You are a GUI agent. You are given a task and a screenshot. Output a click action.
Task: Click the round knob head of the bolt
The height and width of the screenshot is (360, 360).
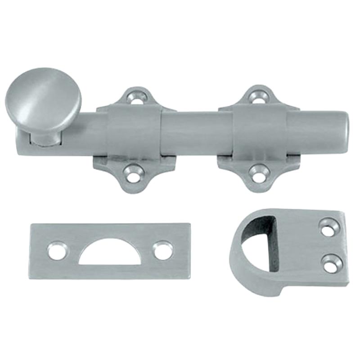[43, 100]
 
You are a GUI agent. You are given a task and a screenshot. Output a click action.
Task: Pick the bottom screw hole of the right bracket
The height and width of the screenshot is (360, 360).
[257, 175]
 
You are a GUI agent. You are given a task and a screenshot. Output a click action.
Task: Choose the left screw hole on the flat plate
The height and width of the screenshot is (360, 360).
[57, 251]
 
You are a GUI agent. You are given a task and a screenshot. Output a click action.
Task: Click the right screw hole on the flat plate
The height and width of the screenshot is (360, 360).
[162, 250]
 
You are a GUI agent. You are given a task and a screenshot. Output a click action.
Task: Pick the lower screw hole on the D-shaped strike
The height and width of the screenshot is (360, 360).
[332, 263]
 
